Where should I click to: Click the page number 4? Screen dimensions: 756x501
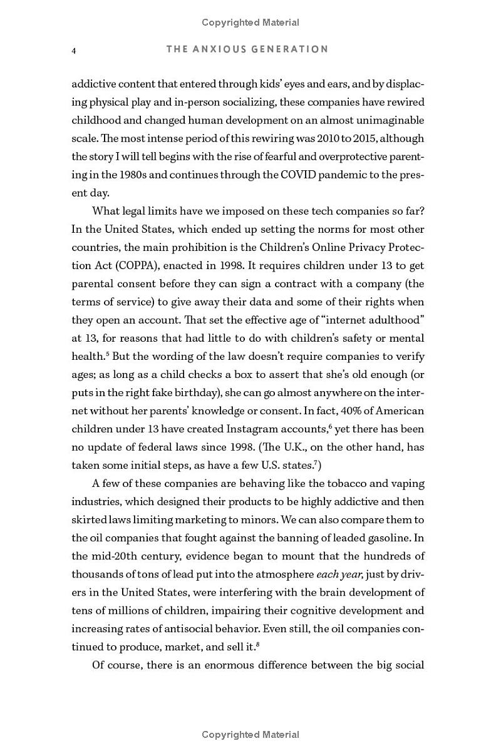click(74, 51)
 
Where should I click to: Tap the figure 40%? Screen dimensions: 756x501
click(341, 411)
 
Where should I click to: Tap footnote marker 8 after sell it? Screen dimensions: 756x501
click(258, 643)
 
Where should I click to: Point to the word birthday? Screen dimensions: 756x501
click(192, 393)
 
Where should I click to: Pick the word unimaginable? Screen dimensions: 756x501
click(383, 120)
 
